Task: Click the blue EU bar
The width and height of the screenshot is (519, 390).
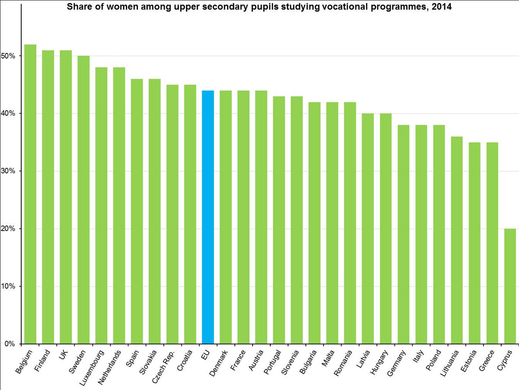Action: coord(208,217)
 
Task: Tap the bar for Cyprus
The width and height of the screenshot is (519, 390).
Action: coord(510,286)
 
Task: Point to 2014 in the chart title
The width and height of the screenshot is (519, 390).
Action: coord(443,7)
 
